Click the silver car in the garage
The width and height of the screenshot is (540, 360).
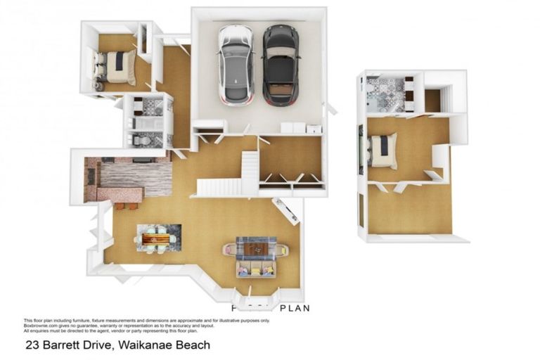235,64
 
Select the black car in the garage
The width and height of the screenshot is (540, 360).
281,65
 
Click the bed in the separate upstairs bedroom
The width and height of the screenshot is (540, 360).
384,150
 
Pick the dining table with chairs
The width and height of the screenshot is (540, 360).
157,239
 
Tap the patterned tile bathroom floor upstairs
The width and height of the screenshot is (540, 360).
387,95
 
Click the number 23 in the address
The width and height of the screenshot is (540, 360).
32,345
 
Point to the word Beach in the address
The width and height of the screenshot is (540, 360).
193,345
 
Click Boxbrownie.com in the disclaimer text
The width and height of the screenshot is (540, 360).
42,325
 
